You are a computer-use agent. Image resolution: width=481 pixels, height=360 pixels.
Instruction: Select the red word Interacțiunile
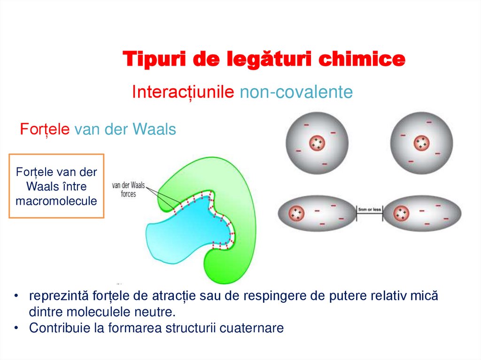pos(183,92)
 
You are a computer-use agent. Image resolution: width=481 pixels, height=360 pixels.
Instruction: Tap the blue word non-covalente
pos(296,92)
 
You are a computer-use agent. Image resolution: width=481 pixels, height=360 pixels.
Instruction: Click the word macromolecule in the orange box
pos(56,201)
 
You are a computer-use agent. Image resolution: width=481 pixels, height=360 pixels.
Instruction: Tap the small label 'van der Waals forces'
pos(128,189)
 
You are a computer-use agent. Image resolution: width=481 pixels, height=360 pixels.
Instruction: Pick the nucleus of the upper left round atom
pos(318,143)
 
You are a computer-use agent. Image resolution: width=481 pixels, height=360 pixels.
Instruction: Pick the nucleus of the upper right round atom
pos(421,143)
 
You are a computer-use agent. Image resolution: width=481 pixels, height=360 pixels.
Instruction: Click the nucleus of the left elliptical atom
pos(297,214)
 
